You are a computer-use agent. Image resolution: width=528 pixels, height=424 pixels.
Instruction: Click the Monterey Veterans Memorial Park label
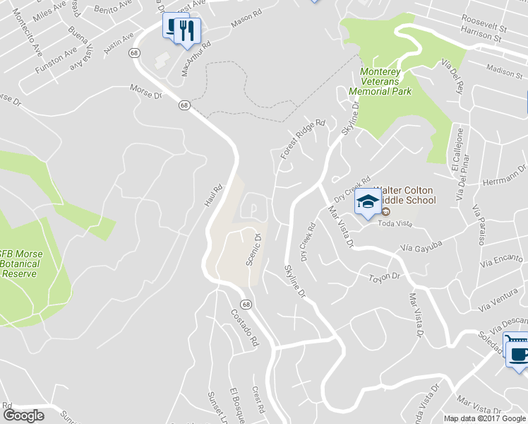[x=385, y=82]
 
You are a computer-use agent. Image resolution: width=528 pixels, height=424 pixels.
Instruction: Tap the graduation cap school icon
[x=367, y=202]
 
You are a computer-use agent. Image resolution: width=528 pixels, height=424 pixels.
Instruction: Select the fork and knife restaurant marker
[x=187, y=30]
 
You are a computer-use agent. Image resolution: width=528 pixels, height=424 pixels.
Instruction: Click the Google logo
[x=23, y=416]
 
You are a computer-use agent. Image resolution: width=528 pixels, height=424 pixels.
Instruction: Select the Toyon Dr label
[x=385, y=277]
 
